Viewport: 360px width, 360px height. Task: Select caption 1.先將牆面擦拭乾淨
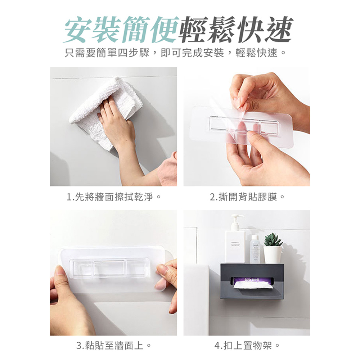pos(113,197)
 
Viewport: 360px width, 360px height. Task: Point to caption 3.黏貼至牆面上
pos(113,346)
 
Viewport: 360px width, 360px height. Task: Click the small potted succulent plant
pos(273,240)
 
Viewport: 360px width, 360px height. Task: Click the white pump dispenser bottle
pos(235,245)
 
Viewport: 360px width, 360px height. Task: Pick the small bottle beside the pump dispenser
pos(255,249)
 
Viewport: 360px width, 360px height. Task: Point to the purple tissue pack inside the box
pos(248,279)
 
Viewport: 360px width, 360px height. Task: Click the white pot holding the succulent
pos(273,254)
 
